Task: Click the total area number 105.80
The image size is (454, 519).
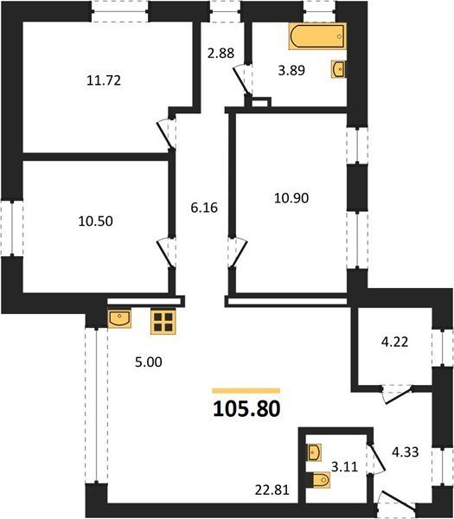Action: pos(246,409)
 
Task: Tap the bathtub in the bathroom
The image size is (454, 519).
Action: pos(317,36)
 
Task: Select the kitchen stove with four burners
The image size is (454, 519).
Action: pos(163,322)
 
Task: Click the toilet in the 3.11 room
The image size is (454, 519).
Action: pos(317,480)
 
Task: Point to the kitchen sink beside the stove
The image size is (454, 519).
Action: pos(119,318)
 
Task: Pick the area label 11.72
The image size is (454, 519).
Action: pos(104,80)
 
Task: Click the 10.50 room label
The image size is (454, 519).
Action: pos(96,221)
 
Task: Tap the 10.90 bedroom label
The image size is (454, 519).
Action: pos(291,198)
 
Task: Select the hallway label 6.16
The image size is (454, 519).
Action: pos(204,208)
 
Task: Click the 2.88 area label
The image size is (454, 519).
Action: pos(221,53)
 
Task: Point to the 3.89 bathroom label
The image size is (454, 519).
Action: pos(291,71)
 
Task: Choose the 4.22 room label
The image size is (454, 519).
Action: pos(394,342)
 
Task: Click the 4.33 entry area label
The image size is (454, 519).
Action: pos(405,452)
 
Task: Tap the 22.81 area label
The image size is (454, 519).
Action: pos(272,490)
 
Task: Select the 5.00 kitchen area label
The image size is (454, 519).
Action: pos(149,362)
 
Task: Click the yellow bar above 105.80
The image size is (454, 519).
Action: pos(246,391)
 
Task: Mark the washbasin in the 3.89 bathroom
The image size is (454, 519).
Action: pos(338,69)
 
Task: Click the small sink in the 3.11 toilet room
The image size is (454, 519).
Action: pos(315,452)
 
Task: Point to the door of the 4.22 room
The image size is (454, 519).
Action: pos(397,394)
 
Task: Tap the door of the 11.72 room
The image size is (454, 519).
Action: pos(165,134)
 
